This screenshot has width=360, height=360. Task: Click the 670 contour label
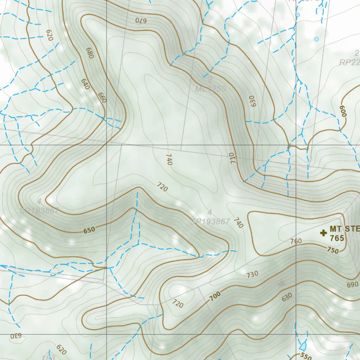tap(141, 20)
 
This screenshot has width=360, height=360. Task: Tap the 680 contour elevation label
tap(90, 52)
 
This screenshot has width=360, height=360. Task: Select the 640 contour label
tap(85, 84)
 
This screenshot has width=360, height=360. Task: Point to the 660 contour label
tap(102, 98)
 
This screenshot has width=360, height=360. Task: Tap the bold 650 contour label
tap(89, 231)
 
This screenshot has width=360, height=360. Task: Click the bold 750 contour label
tap(333, 250)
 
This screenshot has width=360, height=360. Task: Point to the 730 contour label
tap(252, 274)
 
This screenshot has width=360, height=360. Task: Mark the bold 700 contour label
tap(215, 297)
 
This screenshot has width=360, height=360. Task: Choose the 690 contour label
tap(352, 285)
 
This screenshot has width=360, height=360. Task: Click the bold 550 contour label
tap(306, 356)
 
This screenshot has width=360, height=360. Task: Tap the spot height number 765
tap(337, 238)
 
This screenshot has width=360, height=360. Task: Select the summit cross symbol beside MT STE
tap(323, 232)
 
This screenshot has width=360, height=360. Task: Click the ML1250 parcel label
tap(210, 89)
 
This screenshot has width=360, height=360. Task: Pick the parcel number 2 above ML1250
tap(210, 79)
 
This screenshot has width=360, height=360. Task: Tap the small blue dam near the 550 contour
tap(303, 346)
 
